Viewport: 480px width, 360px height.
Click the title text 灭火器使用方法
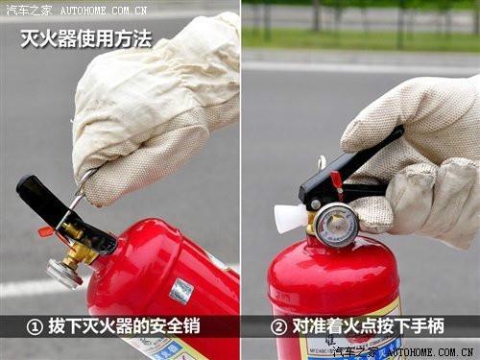86,39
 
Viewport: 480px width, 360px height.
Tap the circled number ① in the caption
35,325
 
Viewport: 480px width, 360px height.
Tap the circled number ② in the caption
277,325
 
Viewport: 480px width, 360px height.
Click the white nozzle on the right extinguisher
289,218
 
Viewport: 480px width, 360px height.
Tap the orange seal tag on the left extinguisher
45,231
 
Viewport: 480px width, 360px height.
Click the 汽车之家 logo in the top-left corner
27,10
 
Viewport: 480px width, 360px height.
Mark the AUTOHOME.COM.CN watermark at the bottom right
427,352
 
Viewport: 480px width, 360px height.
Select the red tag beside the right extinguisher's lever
336,183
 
